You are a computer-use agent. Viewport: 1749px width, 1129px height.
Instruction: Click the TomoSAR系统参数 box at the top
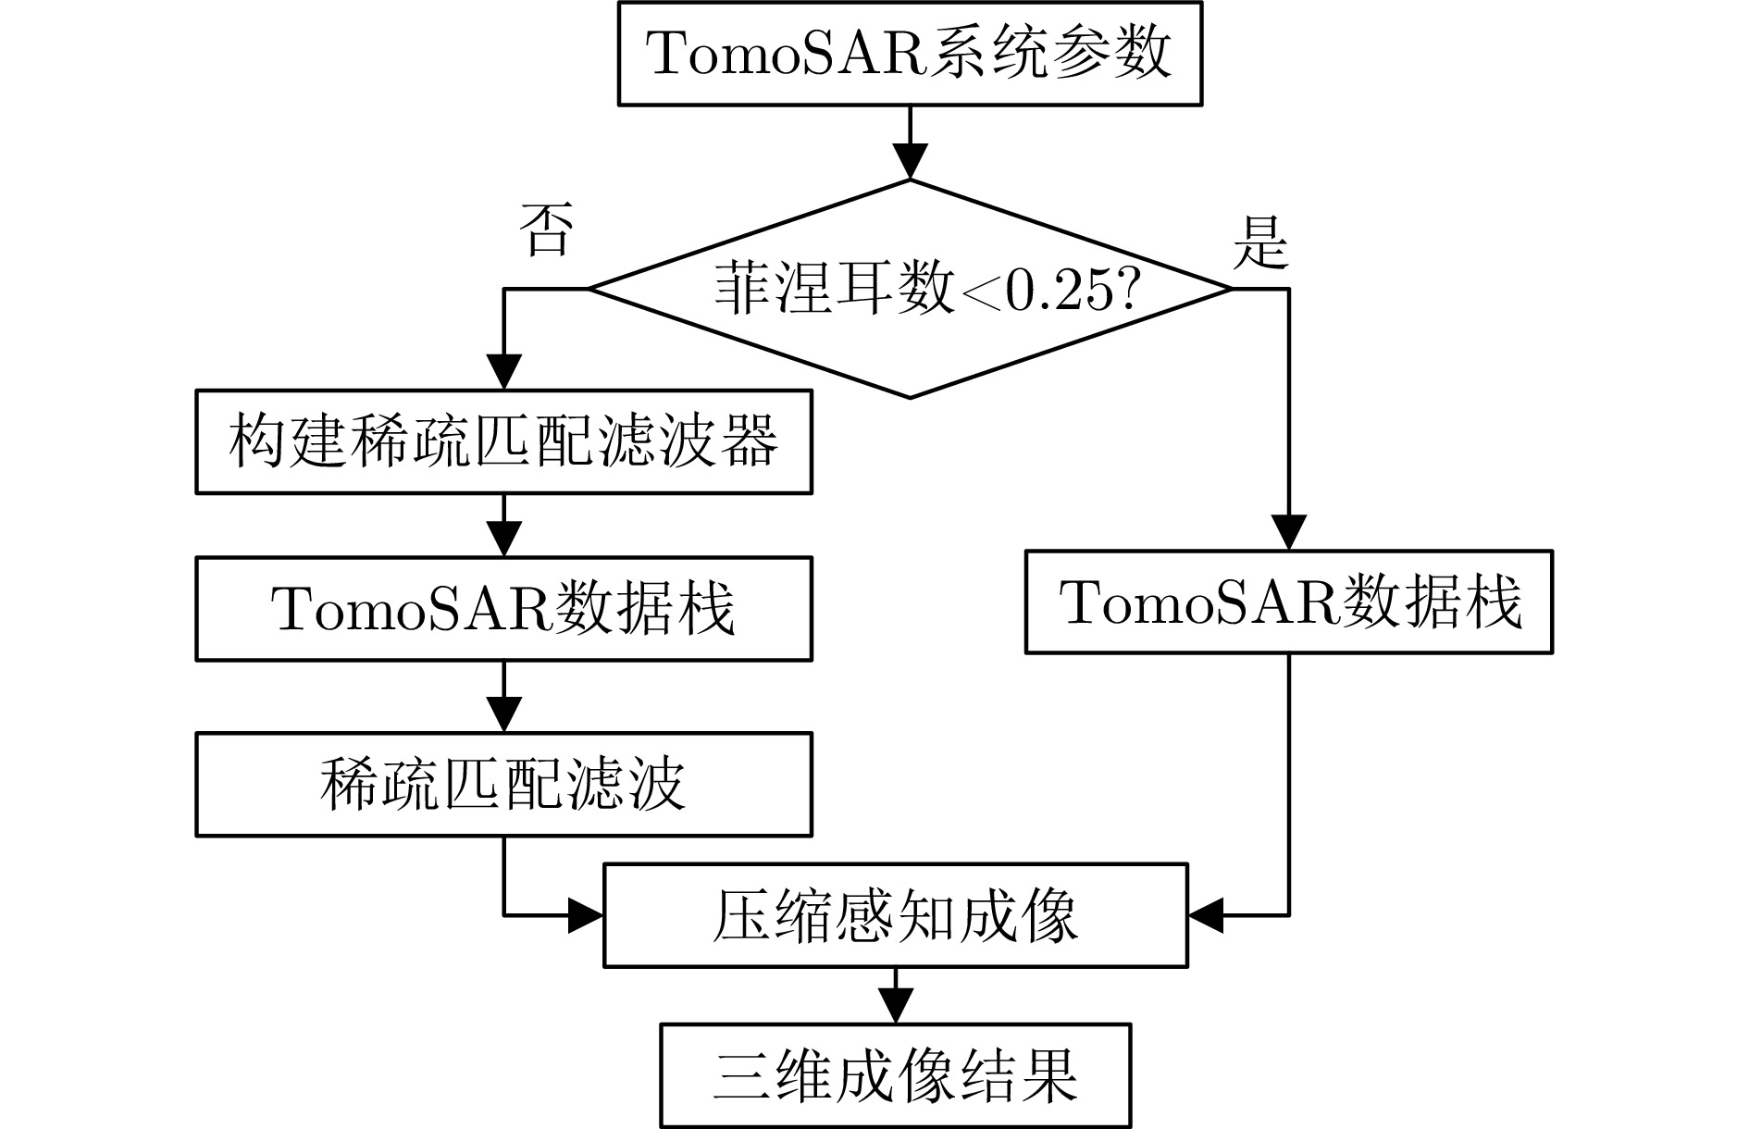[x=910, y=54]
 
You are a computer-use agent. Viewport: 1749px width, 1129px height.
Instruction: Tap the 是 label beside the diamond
[x=1260, y=243]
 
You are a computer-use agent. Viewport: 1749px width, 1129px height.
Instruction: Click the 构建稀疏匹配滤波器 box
[x=503, y=441]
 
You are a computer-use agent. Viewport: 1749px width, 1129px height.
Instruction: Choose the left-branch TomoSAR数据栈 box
[x=503, y=608]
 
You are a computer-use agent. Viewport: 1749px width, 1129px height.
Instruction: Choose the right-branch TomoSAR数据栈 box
[x=1289, y=602]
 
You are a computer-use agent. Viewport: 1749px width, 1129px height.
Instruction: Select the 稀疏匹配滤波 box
[x=503, y=785]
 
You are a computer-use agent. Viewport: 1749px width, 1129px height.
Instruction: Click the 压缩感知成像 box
[x=895, y=916]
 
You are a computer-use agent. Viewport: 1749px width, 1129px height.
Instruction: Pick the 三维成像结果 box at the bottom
[x=895, y=1075]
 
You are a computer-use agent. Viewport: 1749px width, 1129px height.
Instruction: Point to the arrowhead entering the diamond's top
[x=911, y=163]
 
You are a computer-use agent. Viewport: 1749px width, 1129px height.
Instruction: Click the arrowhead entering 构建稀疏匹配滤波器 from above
[x=503, y=373]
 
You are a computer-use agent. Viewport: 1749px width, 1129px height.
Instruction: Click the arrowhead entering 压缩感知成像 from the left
[x=586, y=916]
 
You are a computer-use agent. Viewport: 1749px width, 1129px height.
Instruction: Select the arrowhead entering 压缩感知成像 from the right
[x=1206, y=916]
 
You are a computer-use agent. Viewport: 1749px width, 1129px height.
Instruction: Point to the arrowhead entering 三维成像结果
[x=895, y=1006]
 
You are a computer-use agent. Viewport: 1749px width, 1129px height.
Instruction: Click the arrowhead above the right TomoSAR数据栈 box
[x=1289, y=533]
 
